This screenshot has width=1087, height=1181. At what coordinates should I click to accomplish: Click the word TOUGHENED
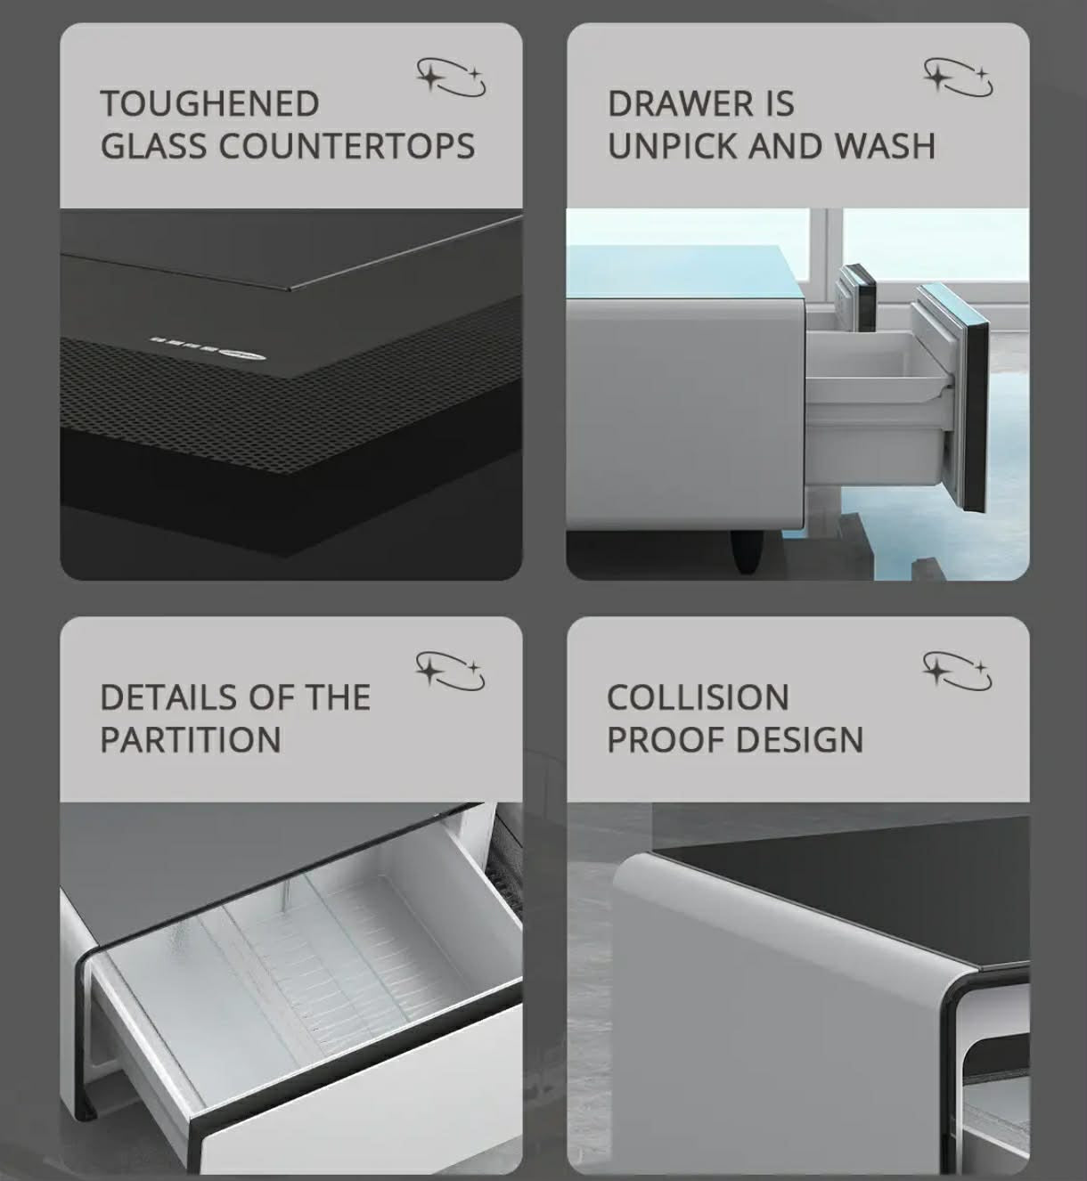(209, 103)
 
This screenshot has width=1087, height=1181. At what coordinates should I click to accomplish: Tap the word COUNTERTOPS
(347, 146)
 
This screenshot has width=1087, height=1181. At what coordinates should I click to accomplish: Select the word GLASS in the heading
(154, 146)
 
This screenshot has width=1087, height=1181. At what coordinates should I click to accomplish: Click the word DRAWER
(680, 103)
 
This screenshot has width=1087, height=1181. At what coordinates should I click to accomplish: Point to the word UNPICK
(673, 146)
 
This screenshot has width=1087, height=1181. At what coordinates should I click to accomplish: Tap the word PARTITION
(191, 739)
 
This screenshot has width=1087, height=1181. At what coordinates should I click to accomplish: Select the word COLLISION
(698, 697)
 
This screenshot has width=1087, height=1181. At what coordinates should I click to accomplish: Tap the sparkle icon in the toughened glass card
(452, 77)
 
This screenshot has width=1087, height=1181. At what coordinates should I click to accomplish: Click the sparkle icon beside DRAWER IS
(958, 77)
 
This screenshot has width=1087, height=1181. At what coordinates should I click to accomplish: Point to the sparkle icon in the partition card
(451, 672)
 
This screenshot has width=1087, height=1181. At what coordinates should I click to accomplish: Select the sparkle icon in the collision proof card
(958, 672)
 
